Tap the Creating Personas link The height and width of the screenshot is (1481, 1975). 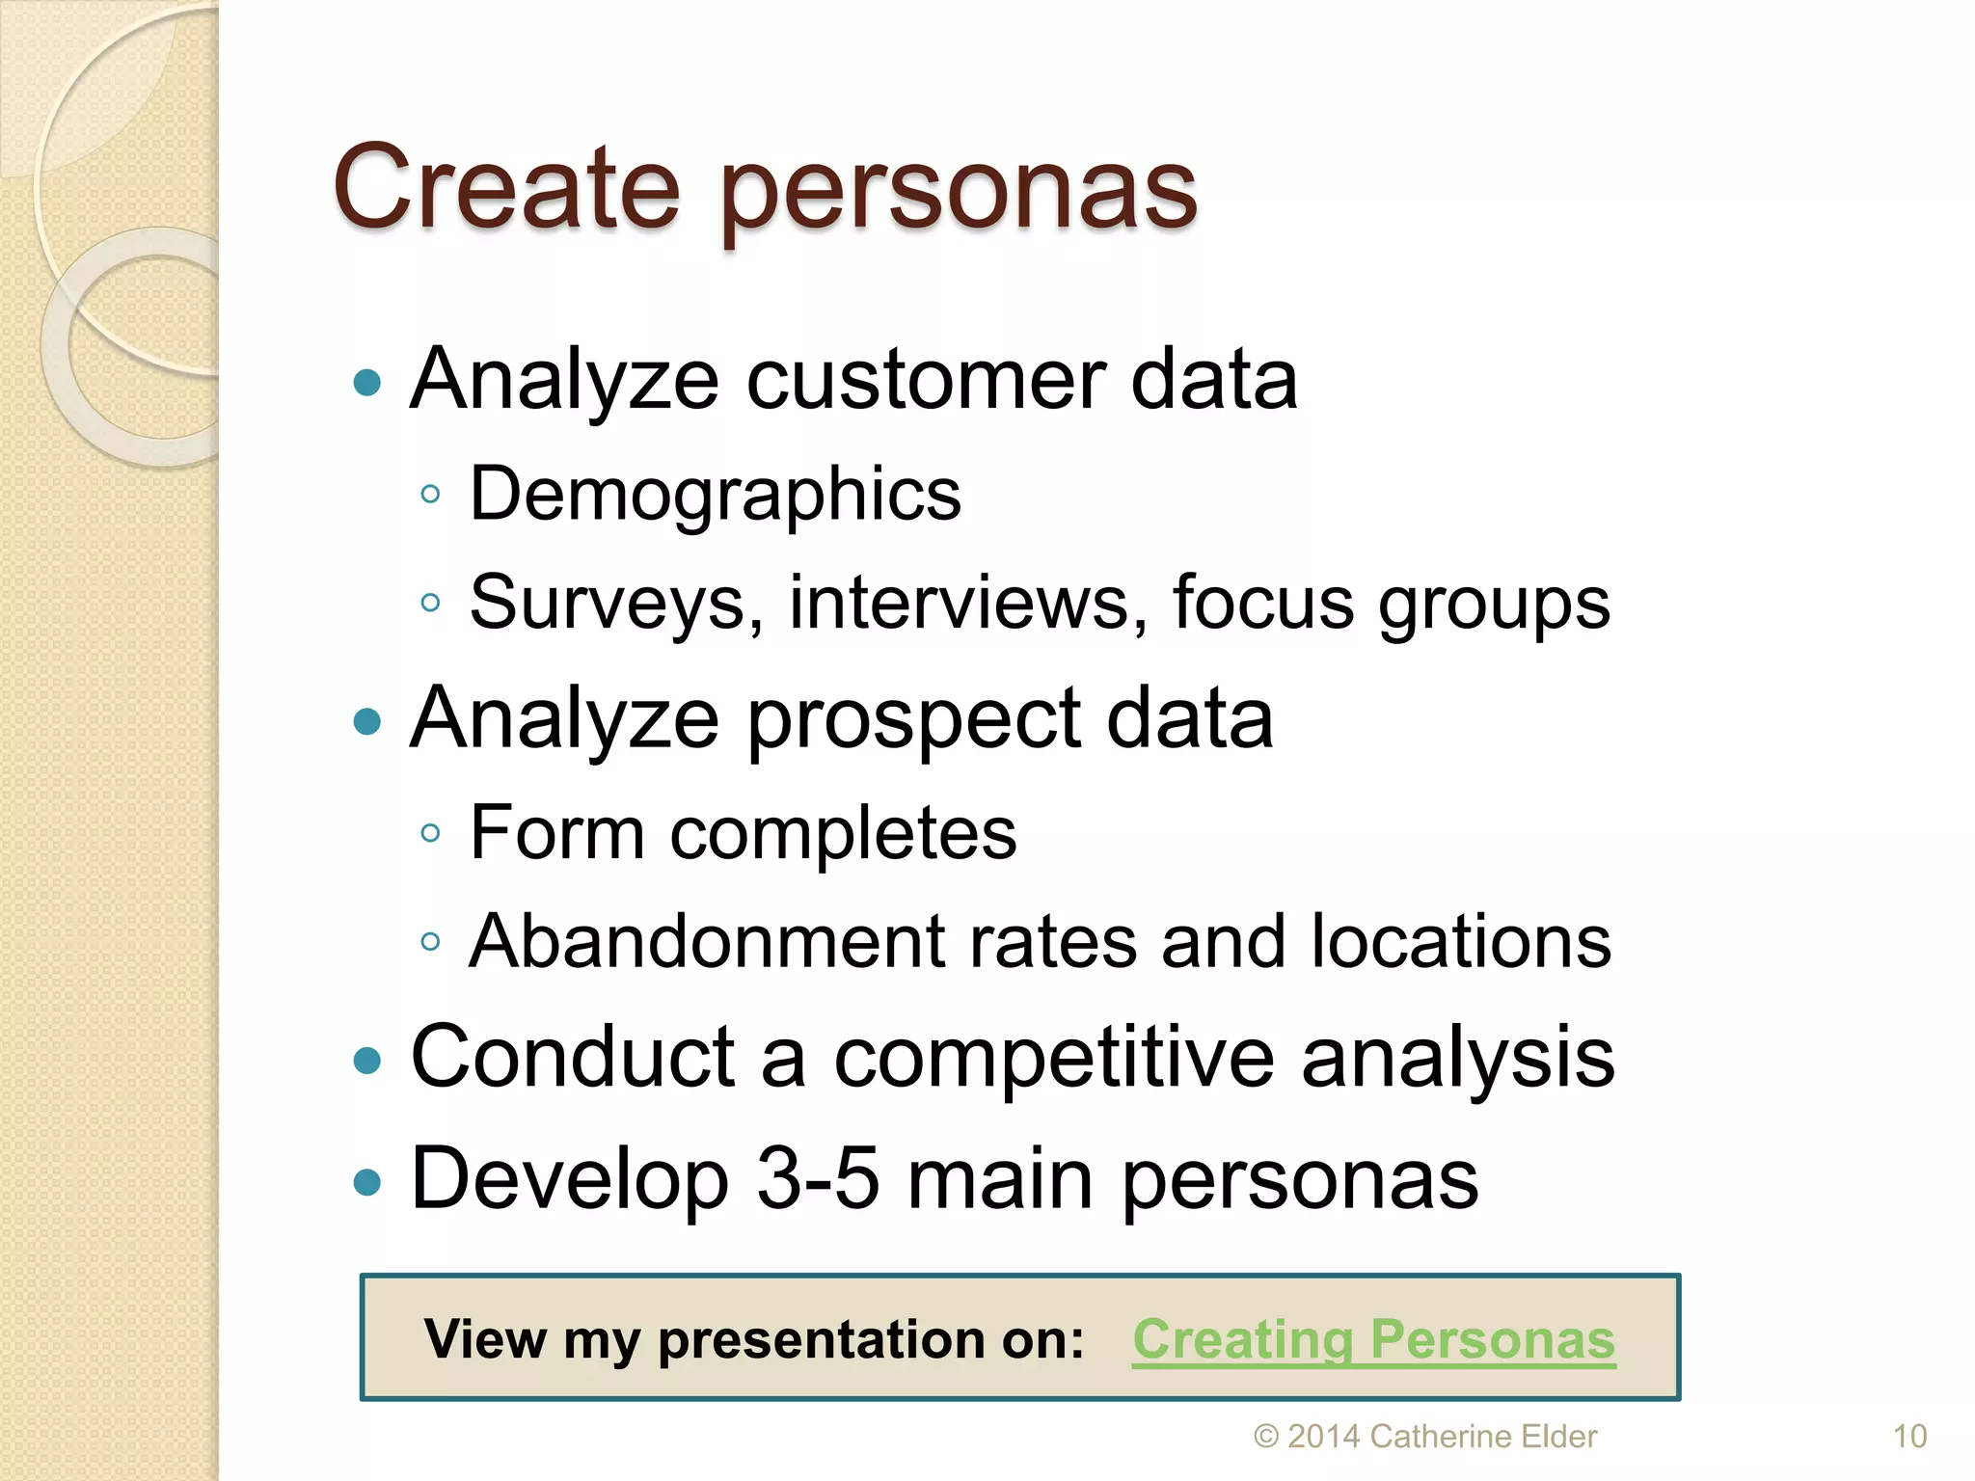coord(1373,1339)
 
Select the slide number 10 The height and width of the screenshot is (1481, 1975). coord(1909,1437)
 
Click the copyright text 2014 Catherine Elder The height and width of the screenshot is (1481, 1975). coord(1425,1437)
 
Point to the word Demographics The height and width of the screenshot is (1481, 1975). coord(715,495)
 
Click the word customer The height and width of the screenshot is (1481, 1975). coord(926,380)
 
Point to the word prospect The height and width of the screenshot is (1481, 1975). coord(913,719)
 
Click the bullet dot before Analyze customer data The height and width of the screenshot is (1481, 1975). coord(367,384)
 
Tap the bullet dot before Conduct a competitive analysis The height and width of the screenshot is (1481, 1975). coord(367,1062)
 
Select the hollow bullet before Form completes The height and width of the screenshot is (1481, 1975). coord(430,833)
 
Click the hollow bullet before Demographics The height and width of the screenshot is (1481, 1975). coord(430,495)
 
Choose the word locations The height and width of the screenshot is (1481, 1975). coord(1460,941)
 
